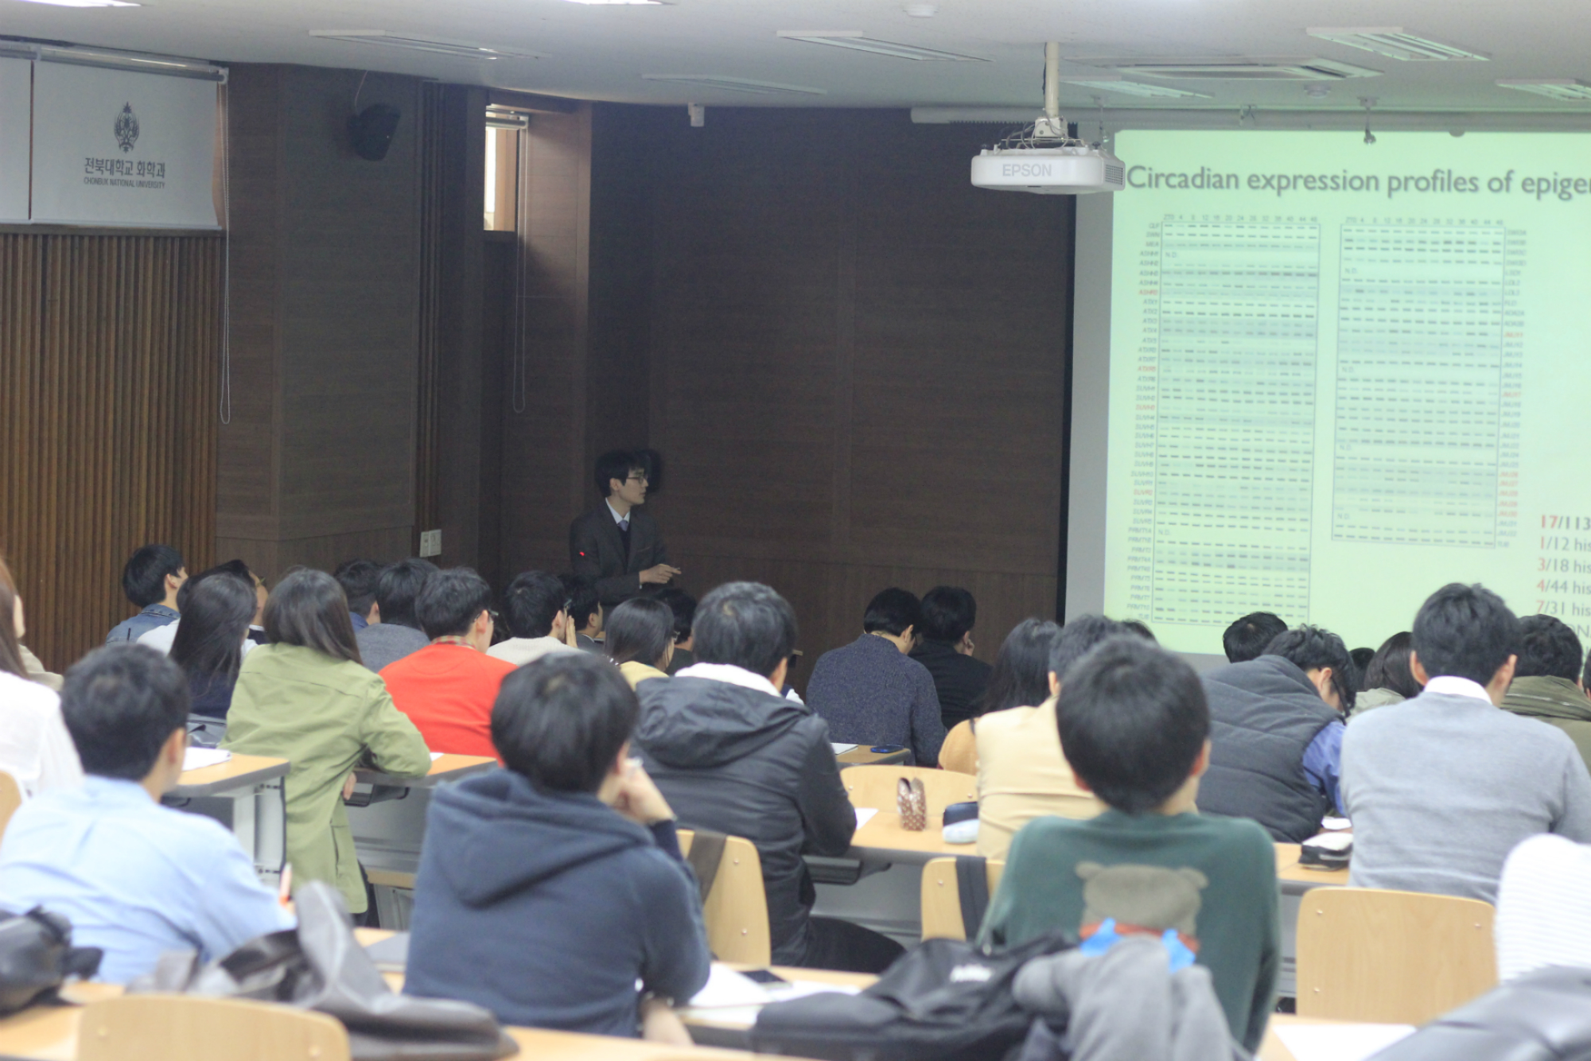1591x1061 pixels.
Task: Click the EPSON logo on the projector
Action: pyautogui.click(x=1026, y=170)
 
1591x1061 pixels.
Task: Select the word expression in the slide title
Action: pyautogui.click(x=1312, y=181)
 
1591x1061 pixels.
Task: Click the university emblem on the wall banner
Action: pyautogui.click(x=126, y=127)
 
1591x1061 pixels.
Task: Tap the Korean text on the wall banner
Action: pyautogui.click(x=124, y=168)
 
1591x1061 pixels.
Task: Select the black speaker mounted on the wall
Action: pyautogui.click(x=375, y=131)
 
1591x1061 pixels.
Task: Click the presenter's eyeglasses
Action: pyautogui.click(x=636, y=478)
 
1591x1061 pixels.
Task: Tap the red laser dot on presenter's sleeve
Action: pyautogui.click(x=583, y=553)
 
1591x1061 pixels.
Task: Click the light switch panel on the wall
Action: pyautogui.click(x=430, y=542)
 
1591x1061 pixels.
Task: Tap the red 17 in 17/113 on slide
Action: pyautogui.click(x=1549, y=522)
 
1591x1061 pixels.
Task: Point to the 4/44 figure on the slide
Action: pyautogui.click(x=1552, y=586)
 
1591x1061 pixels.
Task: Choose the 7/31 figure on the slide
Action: pyautogui.click(x=1552, y=608)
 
